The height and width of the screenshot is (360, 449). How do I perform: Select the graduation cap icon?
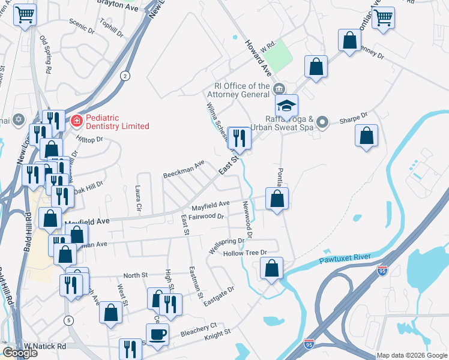tap(287, 106)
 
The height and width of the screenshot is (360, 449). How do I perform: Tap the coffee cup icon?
tap(157, 334)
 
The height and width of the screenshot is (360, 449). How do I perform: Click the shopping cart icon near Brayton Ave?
tap(24, 14)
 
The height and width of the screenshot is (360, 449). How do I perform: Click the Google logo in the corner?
tap(20, 353)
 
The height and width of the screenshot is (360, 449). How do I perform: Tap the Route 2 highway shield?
tap(124, 75)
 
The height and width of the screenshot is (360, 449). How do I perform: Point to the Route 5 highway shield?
tap(69, 320)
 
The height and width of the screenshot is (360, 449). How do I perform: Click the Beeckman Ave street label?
tap(184, 169)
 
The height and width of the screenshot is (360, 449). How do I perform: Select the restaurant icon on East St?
tap(239, 139)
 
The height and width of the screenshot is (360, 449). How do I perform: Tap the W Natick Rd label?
tap(46, 347)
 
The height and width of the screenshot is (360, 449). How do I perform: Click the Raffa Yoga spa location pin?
tap(322, 122)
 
